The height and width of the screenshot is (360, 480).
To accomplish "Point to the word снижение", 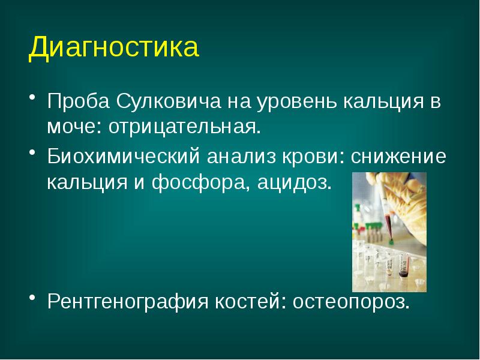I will click(x=398, y=157).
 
